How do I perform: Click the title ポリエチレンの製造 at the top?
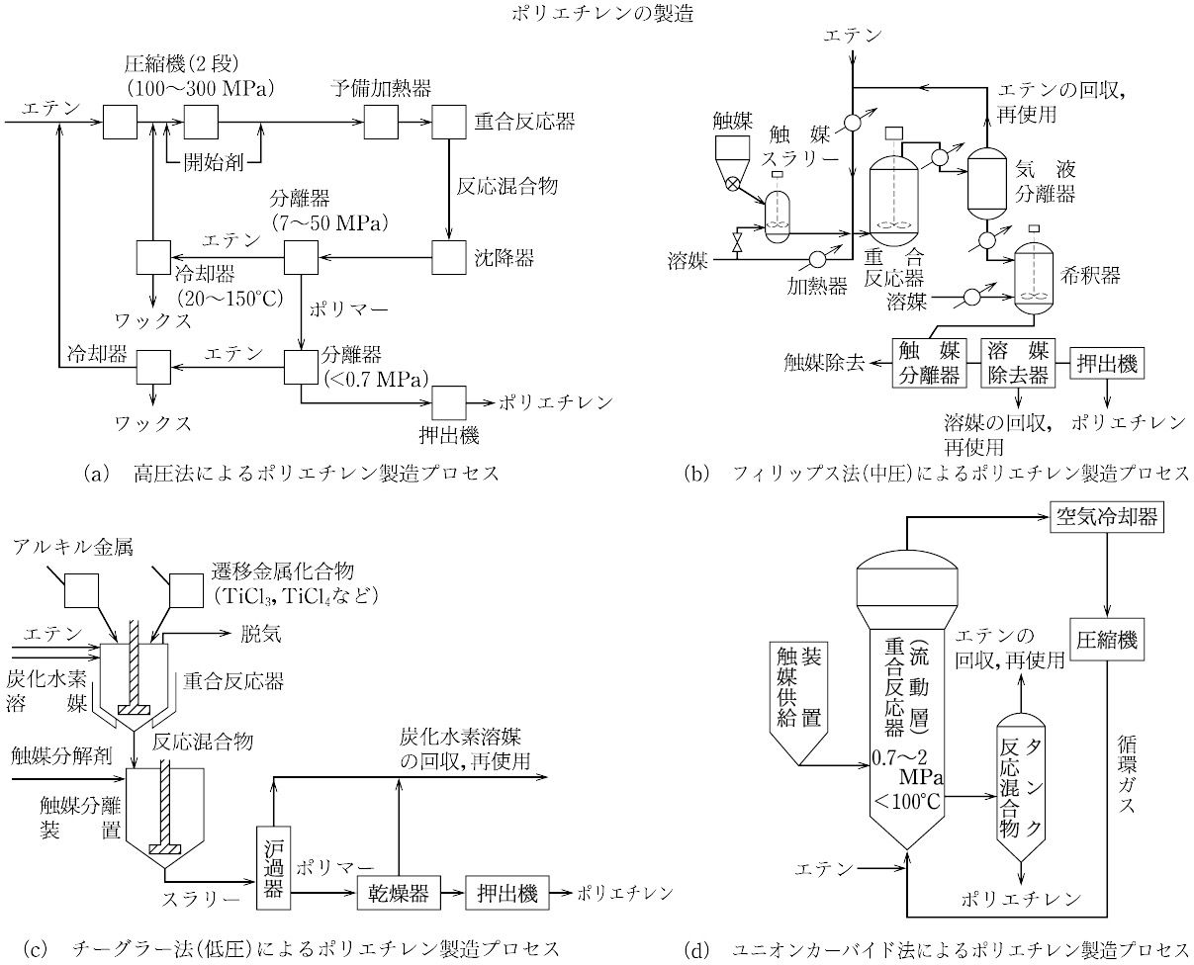pos(597,13)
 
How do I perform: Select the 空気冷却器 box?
pos(1104,516)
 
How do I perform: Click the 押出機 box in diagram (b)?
pos(1105,363)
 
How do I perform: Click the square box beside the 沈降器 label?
pos(450,259)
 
